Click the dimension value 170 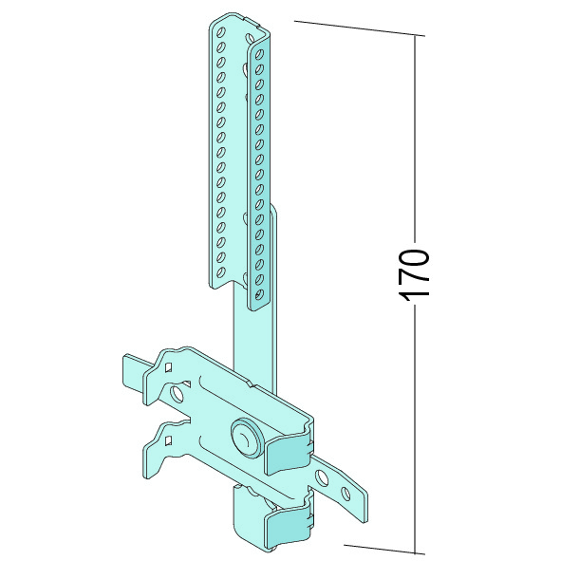pyautogui.click(x=414, y=275)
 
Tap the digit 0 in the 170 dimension pyautogui.click(x=414, y=258)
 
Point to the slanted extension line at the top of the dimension pyautogui.click(x=360, y=28)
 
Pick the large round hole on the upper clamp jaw pyautogui.click(x=177, y=393)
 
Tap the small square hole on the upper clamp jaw pyautogui.click(x=168, y=367)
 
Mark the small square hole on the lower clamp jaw pyautogui.click(x=168, y=441)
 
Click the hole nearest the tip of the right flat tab pyautogui.click(x=346, y=494)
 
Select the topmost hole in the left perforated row pyautogui.click(x=221, y=32)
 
